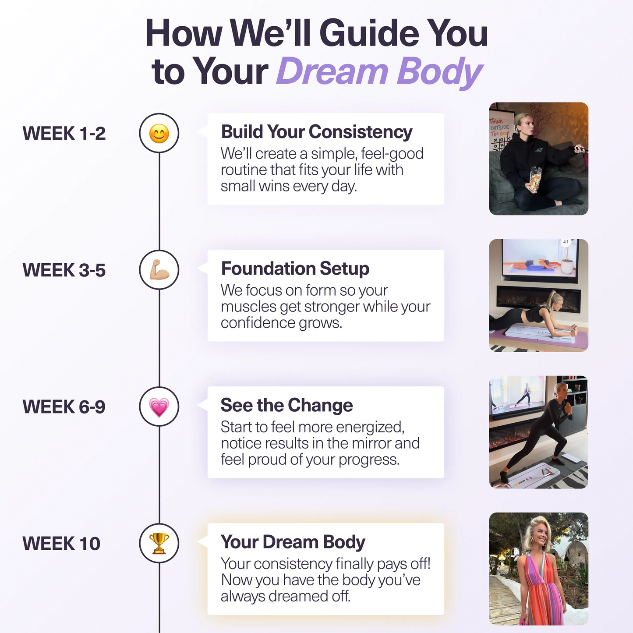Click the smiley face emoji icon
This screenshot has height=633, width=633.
click(159, 133)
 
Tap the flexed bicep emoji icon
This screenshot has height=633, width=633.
click(159, 270)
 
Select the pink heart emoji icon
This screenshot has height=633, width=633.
click(159, 407)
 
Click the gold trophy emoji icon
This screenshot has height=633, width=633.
click(159, 543)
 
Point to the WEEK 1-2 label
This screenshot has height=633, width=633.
click(64, 134)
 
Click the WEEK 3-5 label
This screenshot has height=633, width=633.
click(64, 270)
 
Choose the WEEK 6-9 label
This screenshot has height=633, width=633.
click(64, 407)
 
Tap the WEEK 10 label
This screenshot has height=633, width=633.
click(61, 544)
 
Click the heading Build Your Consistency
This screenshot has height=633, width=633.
click(316, 132)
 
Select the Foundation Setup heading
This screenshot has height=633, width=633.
click(295, 269)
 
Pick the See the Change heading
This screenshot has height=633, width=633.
click(286, 405)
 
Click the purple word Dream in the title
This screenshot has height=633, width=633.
click(332, 71)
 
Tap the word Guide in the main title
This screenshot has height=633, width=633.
click(369, 34)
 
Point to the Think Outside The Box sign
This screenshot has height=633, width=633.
click(499, 127)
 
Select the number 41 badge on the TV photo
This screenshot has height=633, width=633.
click(566, 242)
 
